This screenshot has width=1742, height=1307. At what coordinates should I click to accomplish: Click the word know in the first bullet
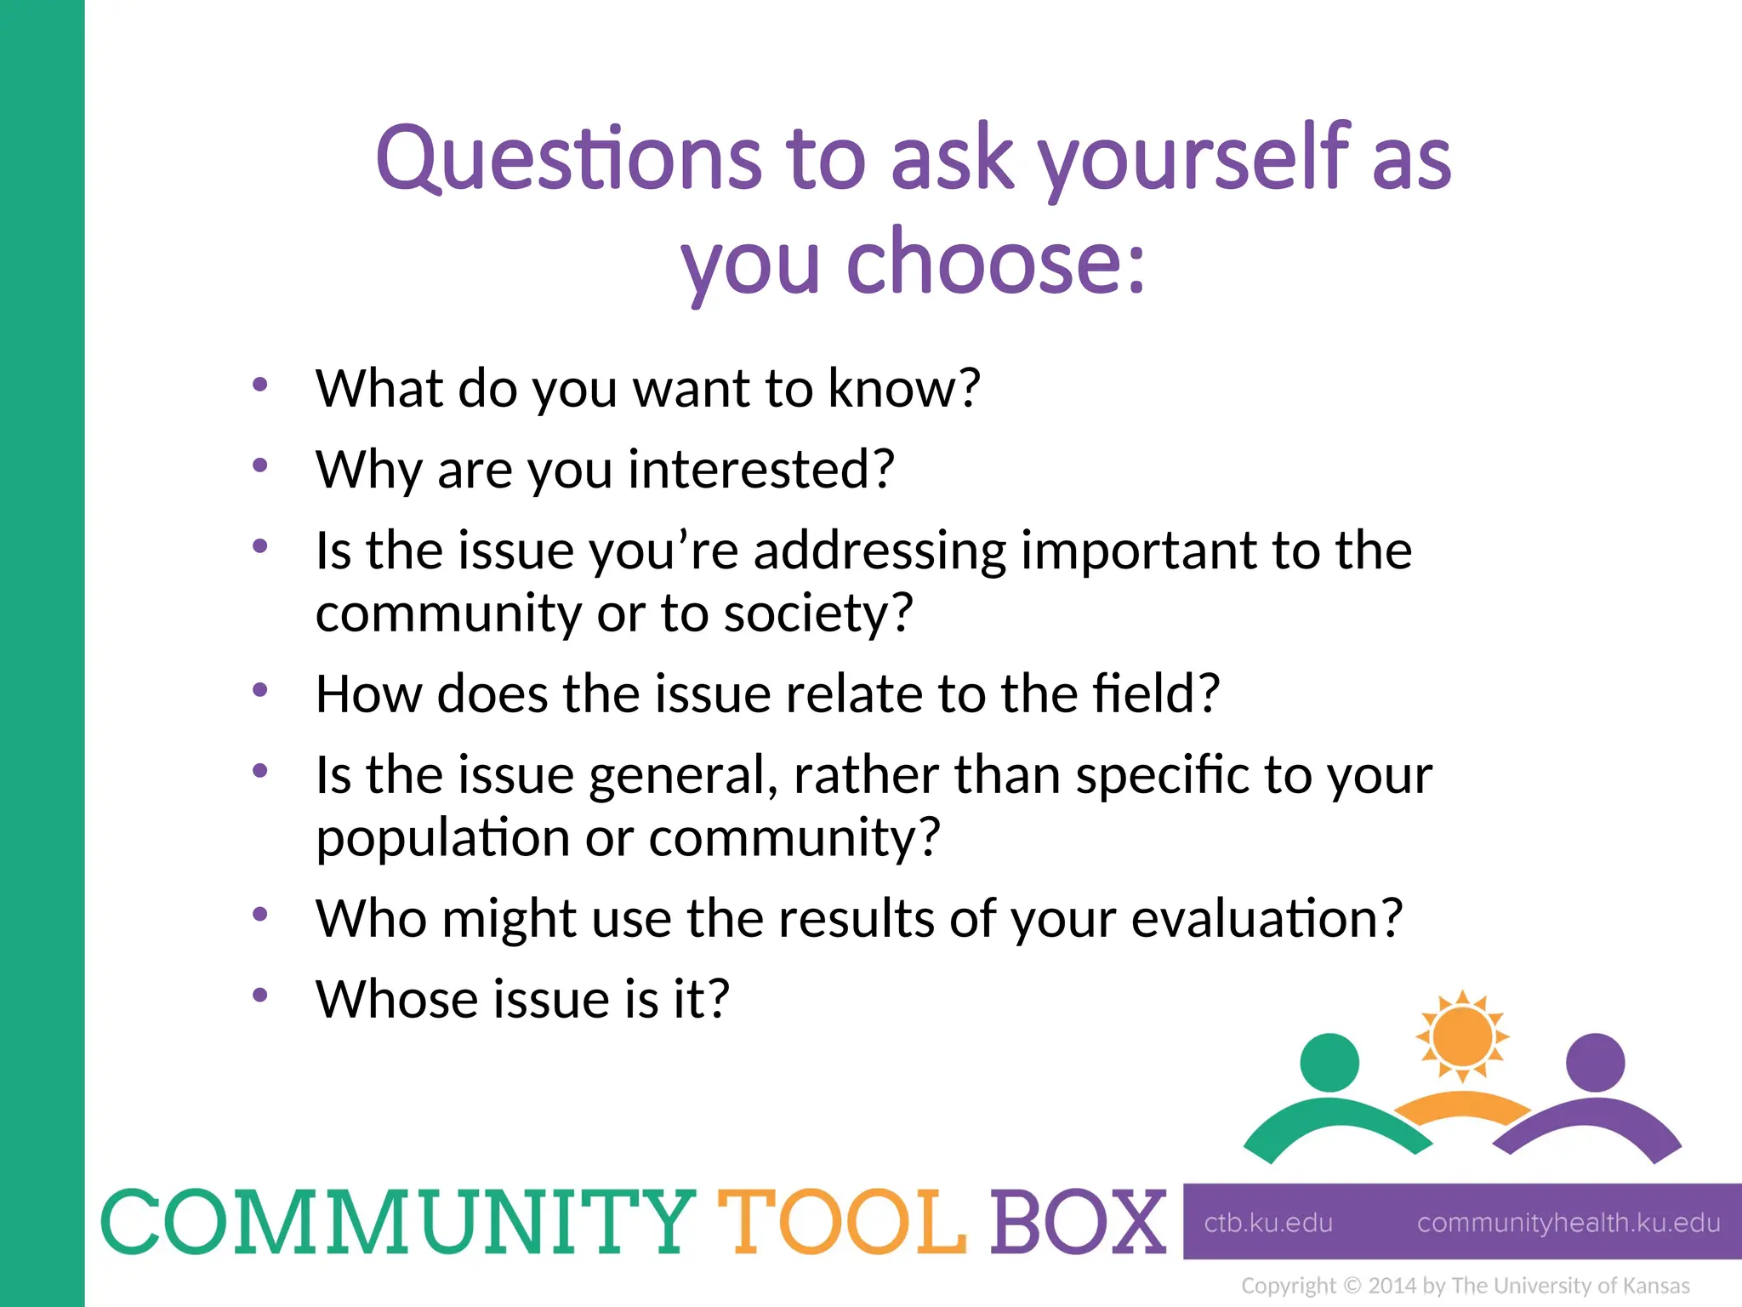coord(904,389)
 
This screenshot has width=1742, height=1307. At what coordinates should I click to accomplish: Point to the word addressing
coord(880,551)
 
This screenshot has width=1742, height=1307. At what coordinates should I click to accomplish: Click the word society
coord(817,614)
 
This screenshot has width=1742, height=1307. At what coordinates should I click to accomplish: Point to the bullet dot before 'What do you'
coord(260,385)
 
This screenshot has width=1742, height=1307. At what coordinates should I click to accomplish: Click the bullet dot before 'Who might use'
coord(260,915)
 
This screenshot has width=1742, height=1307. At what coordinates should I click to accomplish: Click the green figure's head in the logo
coord(1329,1062)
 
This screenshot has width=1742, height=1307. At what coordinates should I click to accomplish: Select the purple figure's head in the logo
coord(1595,1062)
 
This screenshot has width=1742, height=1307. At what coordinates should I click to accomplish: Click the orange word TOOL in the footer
coord(842,1223)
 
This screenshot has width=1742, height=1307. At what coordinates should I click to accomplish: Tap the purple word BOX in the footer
coord(1078,1223)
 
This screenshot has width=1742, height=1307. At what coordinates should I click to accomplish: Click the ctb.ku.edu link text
coord(1268,1223)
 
